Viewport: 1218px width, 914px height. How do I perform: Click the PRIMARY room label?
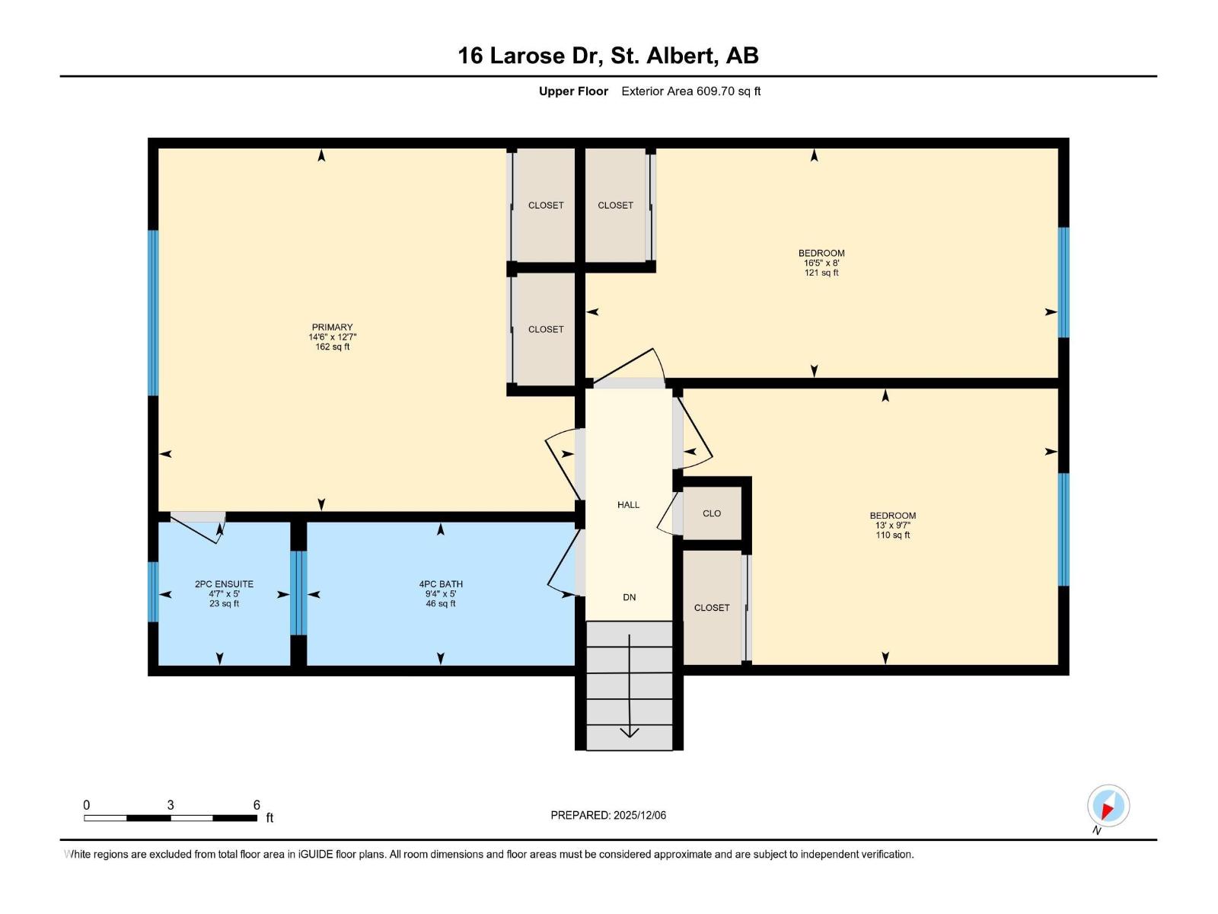pos(332,328)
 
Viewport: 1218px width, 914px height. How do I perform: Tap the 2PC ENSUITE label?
pos(224,583)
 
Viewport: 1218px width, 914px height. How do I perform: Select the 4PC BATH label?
pos(441,583)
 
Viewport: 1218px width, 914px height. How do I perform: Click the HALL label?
pos(628,504)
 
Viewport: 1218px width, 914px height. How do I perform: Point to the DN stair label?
pos(630,597)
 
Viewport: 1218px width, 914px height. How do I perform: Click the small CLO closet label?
pos(712,513)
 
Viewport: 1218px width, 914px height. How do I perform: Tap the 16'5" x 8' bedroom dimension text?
pos(821,263)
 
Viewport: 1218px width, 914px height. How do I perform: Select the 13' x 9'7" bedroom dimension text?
pos(892,525)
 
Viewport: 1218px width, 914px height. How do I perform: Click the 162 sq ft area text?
pos(333,347)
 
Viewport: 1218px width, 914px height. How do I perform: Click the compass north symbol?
pos(1108,807)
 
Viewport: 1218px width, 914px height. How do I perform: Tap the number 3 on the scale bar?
pos(171,804)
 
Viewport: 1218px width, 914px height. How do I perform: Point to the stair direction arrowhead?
pos(630,733)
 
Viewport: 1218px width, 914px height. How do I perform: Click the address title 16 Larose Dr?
pos(530,56)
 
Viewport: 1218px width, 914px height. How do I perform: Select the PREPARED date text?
pos(608,815)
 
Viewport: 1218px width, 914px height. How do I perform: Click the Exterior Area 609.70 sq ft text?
pos(691,91)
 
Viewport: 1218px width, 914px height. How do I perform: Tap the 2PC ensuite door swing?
pos(198,526)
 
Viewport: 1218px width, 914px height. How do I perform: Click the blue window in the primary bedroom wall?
pos(153,312)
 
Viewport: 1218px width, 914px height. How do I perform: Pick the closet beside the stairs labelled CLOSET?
pos(712,607)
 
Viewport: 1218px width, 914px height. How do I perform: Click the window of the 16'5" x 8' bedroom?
pos(1063,283)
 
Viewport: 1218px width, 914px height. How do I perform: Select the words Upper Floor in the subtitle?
pos(573,91)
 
